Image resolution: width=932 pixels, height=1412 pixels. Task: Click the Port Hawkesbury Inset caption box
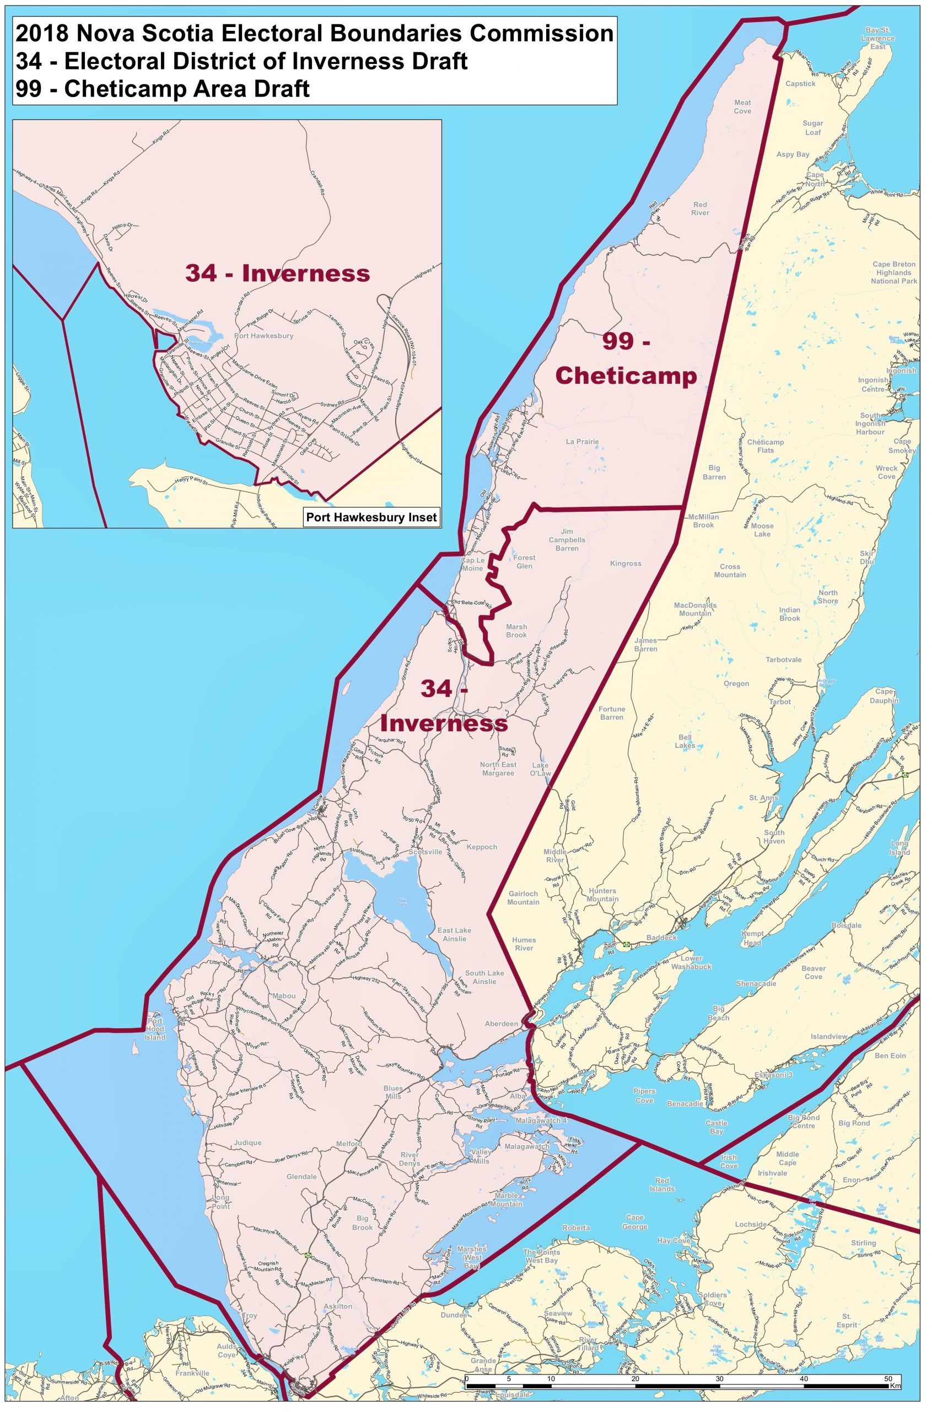(x=371, y=517)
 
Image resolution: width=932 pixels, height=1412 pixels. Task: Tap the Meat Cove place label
(x=742, y=106)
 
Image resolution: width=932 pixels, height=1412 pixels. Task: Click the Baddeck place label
(x=662, y=938)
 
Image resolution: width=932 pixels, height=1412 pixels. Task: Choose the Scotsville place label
(x=425, y=852)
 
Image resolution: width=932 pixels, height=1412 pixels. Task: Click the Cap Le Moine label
(x=473, y=564)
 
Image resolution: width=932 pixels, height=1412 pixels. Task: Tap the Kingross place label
(x=626, y=563)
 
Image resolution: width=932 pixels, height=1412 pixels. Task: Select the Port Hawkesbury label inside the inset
(x=264, y=335)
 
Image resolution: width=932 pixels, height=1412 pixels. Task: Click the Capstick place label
(x=800, y=83)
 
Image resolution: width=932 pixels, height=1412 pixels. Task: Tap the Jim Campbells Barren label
(x=567, y=539)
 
